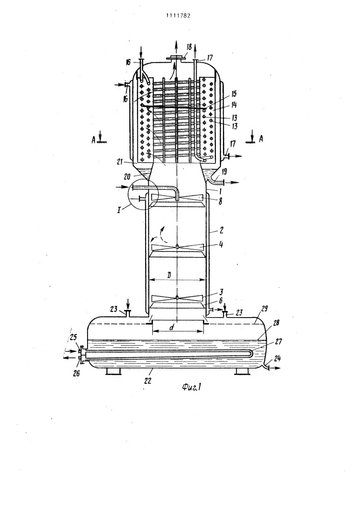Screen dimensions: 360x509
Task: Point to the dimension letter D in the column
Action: [x=169, y=275]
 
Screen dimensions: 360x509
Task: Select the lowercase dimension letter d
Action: [x=172, y=327]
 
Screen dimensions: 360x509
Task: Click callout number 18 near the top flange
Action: [x=189, y=47]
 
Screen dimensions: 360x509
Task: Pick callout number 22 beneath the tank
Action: [x=148, y=381]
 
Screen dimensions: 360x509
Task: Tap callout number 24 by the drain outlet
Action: [x=278, y=359]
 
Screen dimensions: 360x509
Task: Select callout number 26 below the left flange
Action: [x=75, y=374]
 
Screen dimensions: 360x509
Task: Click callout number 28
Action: [x=276, y=323]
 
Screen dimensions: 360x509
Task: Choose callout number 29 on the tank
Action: [x=264, y=308]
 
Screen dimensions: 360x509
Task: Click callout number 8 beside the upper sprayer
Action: [x=220, y=201]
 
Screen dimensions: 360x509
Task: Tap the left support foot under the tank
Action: [x=114, y=372]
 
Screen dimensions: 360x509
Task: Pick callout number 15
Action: [x=234, y=94]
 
